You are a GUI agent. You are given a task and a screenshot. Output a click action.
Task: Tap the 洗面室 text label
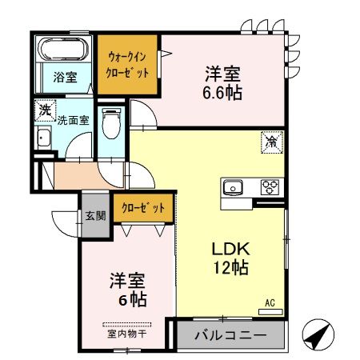[x=72, y=122]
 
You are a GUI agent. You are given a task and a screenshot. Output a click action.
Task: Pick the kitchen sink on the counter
[x=234, y=188]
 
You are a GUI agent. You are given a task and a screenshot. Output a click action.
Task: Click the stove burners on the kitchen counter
[x=270, y=188]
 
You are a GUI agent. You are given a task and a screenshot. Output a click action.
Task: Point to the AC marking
[x=270, y=302]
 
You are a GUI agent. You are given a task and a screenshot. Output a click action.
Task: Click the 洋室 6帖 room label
[x=128, y=290]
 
